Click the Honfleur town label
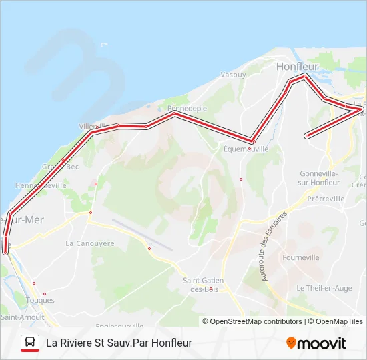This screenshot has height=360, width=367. point(298,67)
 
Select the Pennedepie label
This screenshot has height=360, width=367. point(187,108)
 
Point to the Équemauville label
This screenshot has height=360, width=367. point(246,149)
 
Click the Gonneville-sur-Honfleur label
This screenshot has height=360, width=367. point(318,177)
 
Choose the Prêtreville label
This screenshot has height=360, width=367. point(327,199)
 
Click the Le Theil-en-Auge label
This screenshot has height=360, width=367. point(324,288)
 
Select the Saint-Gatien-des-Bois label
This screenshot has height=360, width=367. point(204,285)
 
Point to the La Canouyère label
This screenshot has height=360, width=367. point(91,243)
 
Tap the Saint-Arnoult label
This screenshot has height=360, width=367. point(22,317)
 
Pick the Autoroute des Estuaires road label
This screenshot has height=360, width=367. point(274,246)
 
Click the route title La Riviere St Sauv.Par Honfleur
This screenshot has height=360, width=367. point(119,343)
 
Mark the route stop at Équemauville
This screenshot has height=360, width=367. point(253,141)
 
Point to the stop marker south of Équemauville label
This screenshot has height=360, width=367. point(241,179)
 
